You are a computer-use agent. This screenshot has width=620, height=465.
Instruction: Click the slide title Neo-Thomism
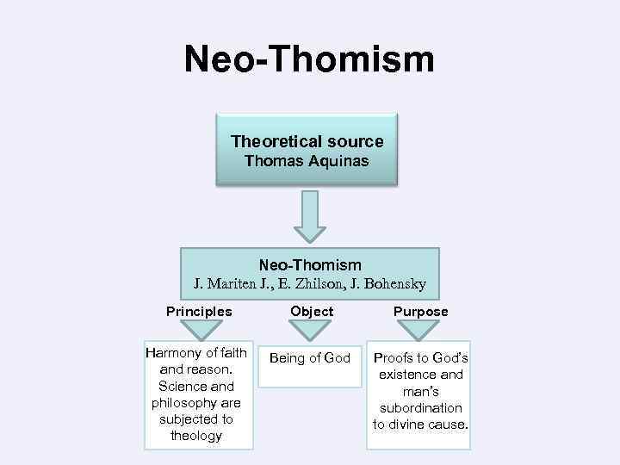pos(309,59)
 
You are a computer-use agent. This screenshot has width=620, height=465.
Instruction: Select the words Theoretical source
pos(307,141)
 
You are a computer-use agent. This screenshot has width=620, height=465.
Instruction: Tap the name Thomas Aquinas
pos(307,161)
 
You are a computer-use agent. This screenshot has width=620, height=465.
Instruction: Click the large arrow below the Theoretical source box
pos(309,215)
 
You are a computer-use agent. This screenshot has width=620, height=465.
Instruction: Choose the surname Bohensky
pos(397,283)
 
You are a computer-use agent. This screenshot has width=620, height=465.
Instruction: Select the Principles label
pos(199,311)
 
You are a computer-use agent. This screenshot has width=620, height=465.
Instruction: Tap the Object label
pos(312,311)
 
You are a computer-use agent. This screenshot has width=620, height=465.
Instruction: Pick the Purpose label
pos(420,311)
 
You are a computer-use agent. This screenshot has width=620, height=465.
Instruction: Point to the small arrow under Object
pos(311,330)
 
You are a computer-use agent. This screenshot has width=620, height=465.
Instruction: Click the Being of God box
pos(310,358)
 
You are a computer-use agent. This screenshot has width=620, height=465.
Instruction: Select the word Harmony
pos(173,353)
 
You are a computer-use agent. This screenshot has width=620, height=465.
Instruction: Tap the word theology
pos(196,436)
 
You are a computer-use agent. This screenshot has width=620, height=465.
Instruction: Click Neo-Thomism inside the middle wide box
pos(309,265)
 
